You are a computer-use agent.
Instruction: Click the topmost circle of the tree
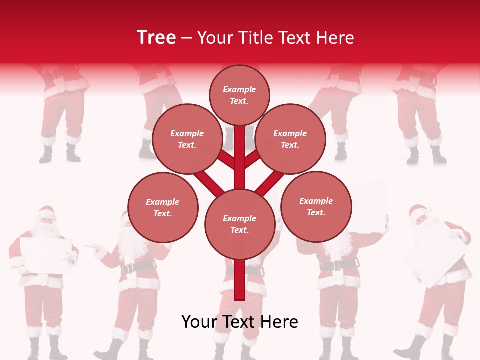239,95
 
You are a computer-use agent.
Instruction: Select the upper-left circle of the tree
187,139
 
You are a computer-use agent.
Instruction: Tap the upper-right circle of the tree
290,139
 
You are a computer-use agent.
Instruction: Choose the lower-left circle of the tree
163,207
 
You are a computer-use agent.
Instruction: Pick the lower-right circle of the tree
316,206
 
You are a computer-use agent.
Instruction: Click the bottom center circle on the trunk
240,224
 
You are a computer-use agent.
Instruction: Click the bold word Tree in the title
156,37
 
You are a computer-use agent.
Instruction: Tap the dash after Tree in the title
186,38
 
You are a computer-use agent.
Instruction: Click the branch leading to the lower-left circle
209,182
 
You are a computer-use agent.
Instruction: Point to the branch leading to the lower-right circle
270,182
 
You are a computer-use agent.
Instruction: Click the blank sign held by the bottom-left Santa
45,255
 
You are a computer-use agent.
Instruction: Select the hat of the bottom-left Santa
46,211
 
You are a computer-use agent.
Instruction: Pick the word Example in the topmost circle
239,89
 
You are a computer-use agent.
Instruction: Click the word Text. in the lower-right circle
316,212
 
